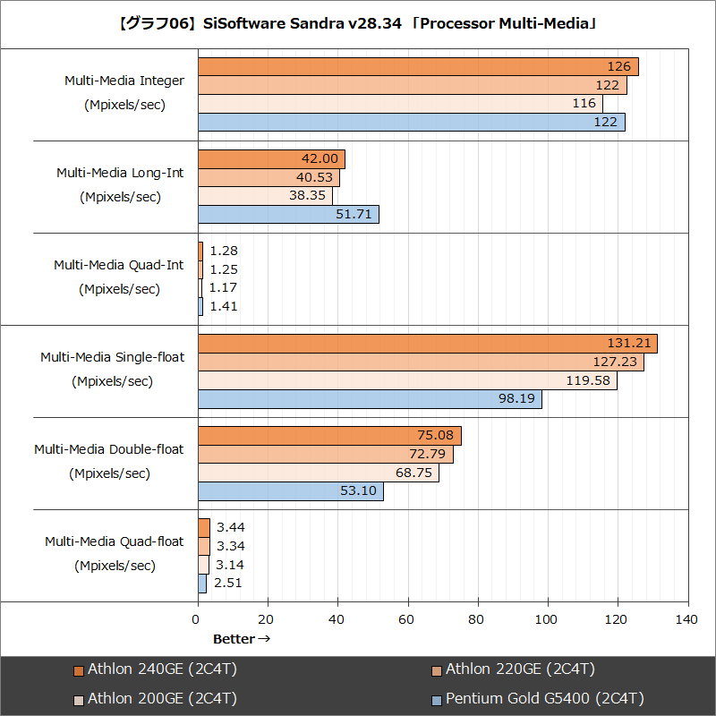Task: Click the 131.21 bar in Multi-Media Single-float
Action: (x=427, y=344)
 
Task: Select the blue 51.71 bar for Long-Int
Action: (x=288, y=215)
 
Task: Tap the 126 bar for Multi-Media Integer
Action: (x=418, y=66)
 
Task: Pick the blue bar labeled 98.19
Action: (x=370, y=400)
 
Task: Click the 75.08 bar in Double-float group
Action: (x=329, y=436)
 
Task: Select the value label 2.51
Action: (x=227, y=583)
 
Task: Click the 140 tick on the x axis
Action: (x=687, y=619)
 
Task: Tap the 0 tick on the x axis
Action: (x=197, y=619)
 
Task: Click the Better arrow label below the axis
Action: (x=241, y=639)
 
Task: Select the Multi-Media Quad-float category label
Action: (x=114, y=541)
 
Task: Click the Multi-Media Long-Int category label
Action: (x=120, y=173)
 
